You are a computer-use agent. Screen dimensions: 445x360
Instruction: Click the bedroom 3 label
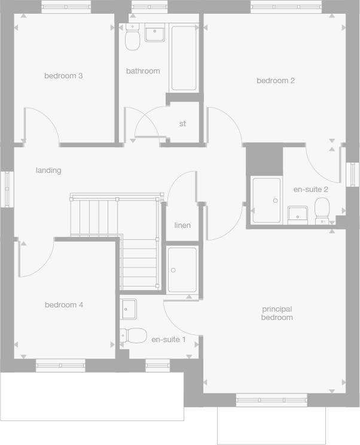point(63,76)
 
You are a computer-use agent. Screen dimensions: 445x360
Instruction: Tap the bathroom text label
point(143,71)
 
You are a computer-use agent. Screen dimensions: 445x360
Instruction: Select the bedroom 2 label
point(276,81)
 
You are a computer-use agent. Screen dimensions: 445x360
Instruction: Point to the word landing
point(48,170)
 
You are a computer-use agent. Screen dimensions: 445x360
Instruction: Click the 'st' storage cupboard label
point(182,124)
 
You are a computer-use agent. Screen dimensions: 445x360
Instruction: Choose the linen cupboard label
point(182,225)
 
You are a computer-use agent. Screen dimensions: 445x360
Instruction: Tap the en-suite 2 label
point(310,190)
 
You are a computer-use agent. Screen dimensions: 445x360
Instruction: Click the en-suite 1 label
point(168,340)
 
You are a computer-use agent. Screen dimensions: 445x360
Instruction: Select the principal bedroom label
point(277,313)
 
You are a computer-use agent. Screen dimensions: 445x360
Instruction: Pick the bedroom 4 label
point(64,305)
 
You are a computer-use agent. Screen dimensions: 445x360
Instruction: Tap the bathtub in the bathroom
point(184,58)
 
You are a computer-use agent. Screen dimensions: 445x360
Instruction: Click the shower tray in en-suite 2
point(266,200)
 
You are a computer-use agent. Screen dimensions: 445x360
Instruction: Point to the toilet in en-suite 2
point(322,211)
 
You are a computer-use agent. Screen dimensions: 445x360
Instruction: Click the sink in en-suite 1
point(129,309)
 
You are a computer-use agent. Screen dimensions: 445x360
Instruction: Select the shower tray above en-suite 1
point(182,270)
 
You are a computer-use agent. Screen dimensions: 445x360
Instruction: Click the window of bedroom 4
point(60,365)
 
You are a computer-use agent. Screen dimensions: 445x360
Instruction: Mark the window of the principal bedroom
point(271,400)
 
